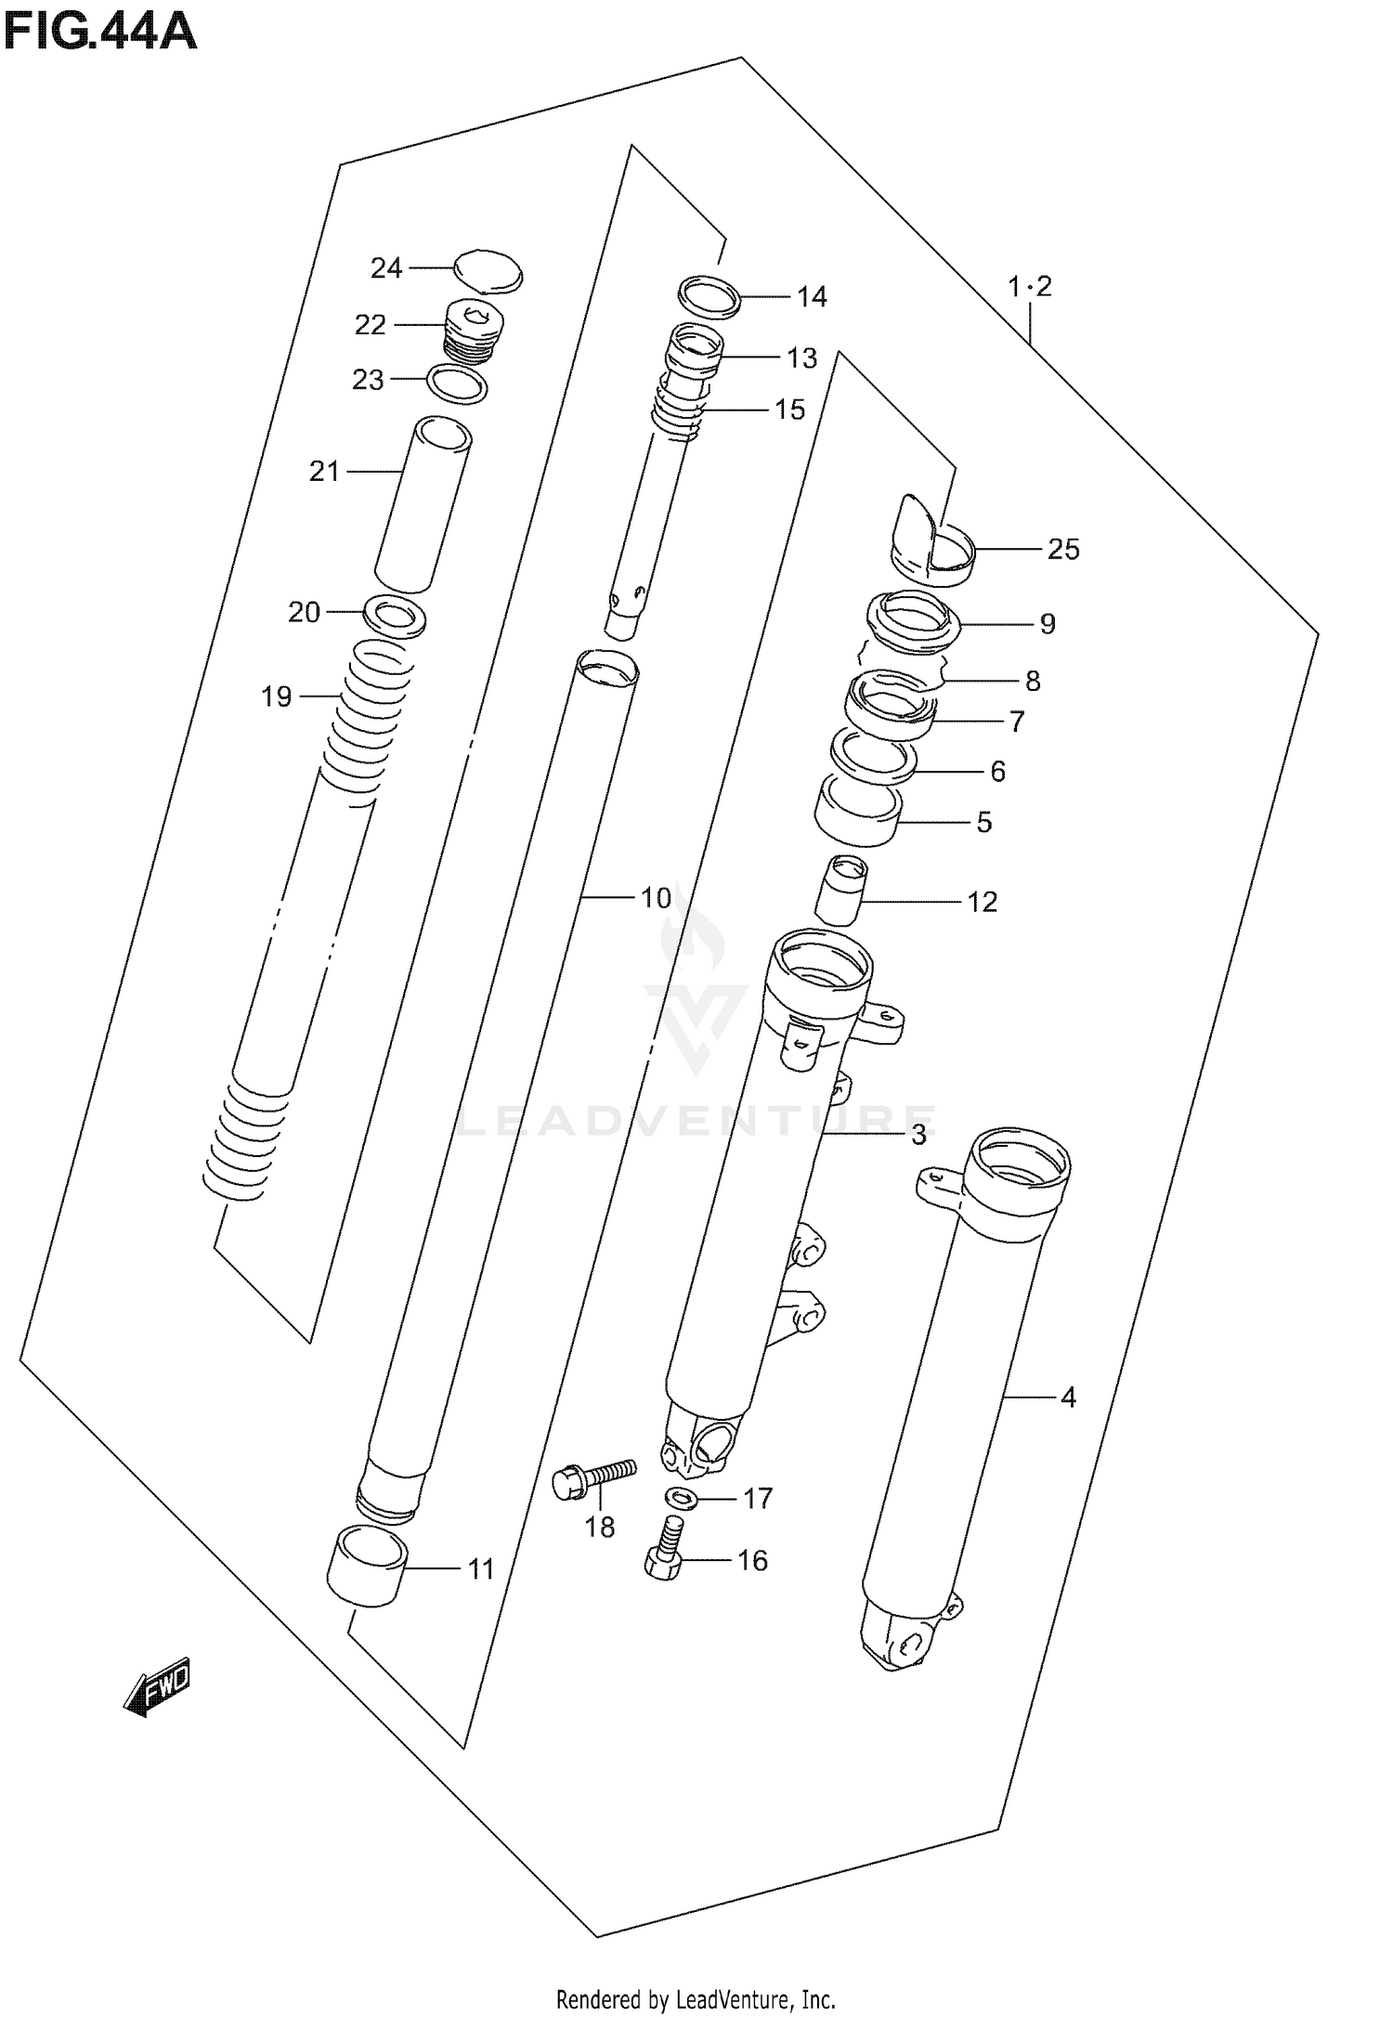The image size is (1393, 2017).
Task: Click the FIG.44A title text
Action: [x=99, y=33]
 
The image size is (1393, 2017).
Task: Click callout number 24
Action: [x=385, y=268]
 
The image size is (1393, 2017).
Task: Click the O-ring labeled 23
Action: [x=457, y=384]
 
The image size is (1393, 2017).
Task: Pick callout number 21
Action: [x=324, y=472]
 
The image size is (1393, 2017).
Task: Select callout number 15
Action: [x=789, y=410]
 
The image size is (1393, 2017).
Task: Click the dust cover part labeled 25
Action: [x=933, y=546]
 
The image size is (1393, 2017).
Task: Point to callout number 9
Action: [x=1047, y=624]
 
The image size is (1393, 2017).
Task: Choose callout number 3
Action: [x=918, y=1134]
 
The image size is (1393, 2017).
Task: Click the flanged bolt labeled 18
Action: [x=592, y=1477]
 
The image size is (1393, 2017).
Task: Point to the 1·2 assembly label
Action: [x=1030, y=287]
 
